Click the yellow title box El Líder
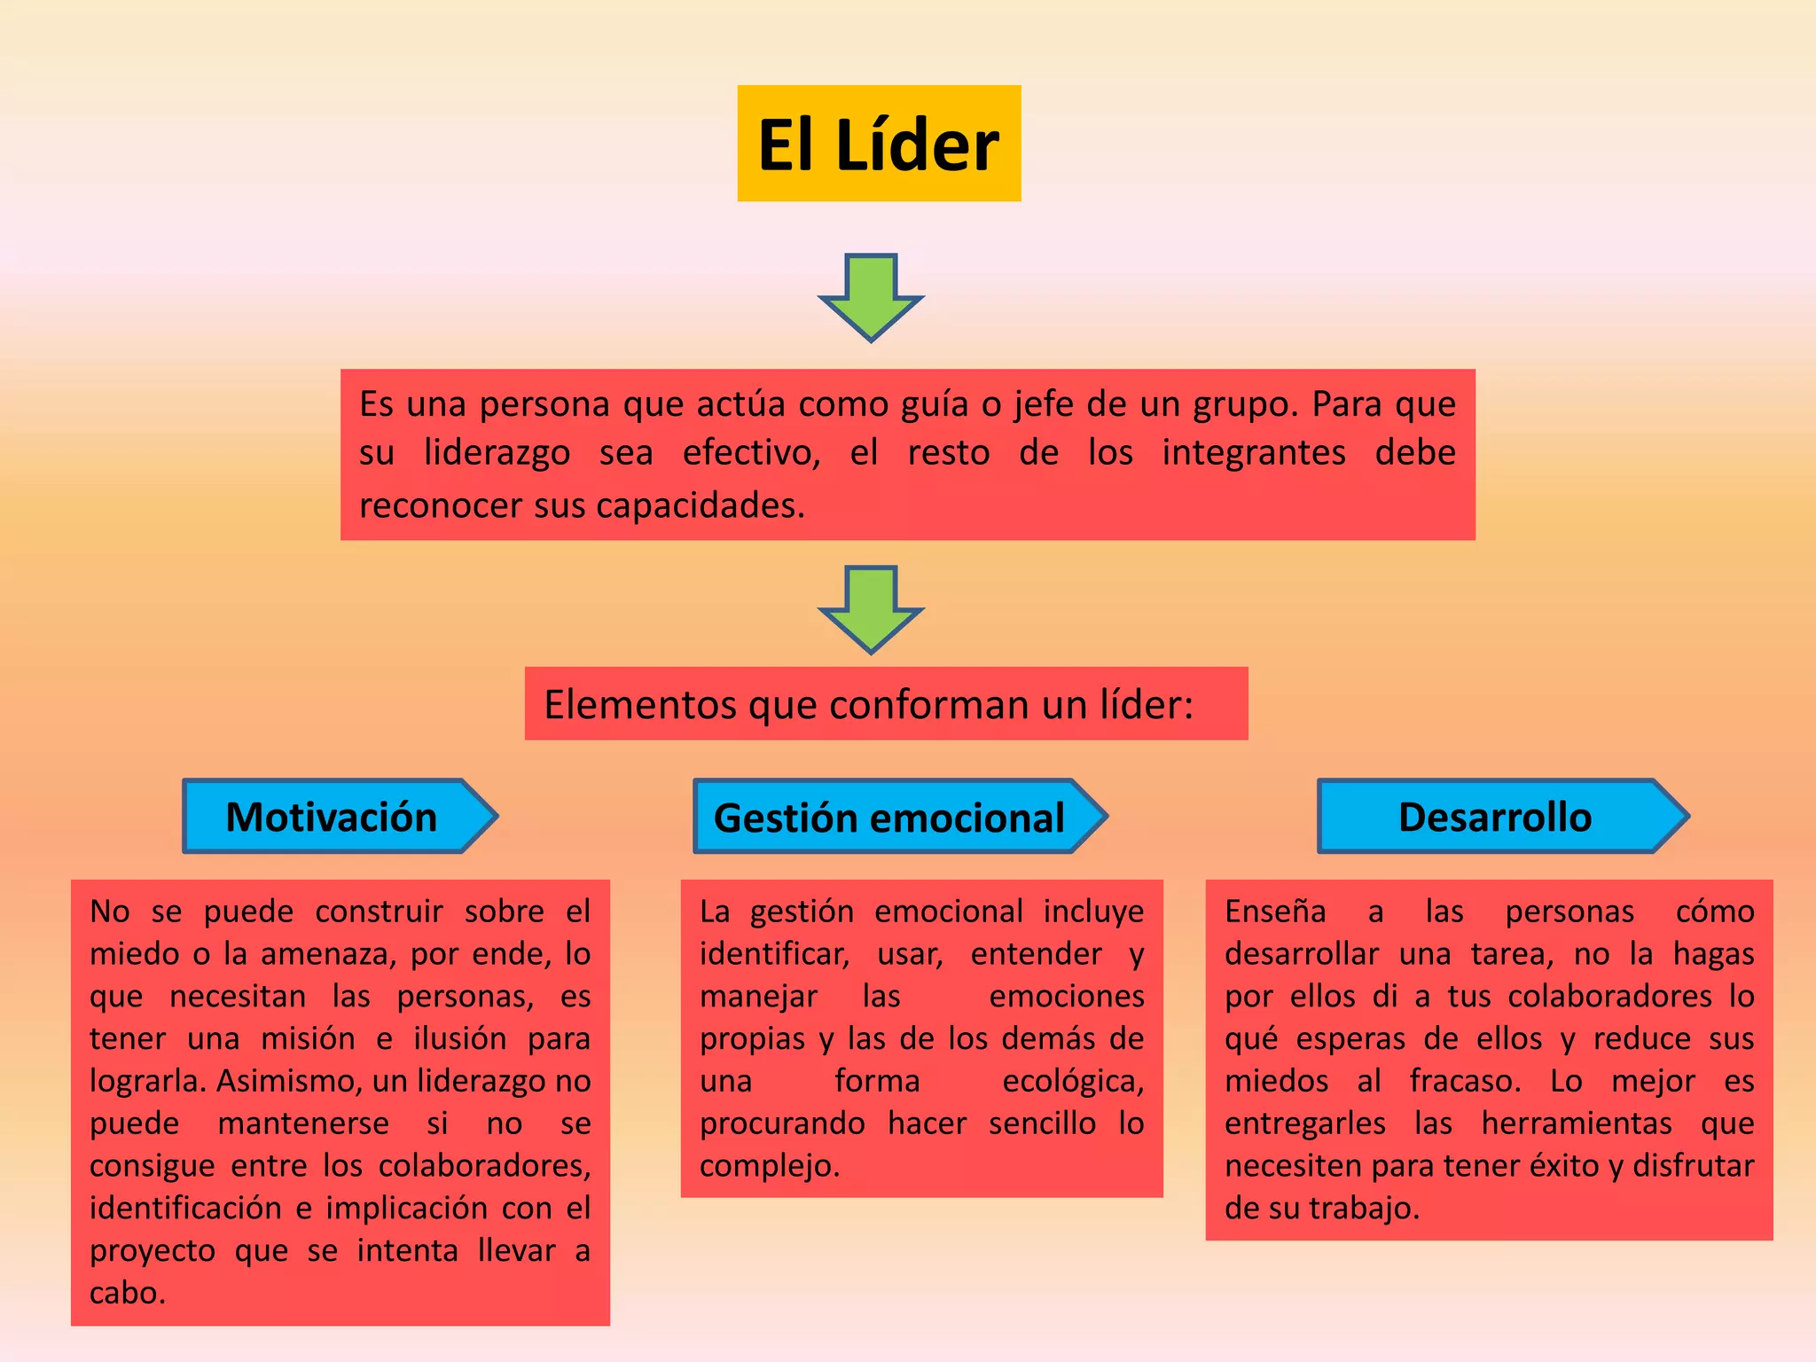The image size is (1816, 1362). pos(879,144)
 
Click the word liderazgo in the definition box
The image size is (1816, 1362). pos(497,453)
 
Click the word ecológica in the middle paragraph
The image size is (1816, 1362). pos(1072,1081)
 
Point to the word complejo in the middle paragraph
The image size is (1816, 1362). pos(768,1166)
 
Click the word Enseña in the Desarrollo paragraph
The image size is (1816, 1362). pos(1275,912)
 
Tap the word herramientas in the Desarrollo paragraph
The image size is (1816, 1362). pos(1577,1123)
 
